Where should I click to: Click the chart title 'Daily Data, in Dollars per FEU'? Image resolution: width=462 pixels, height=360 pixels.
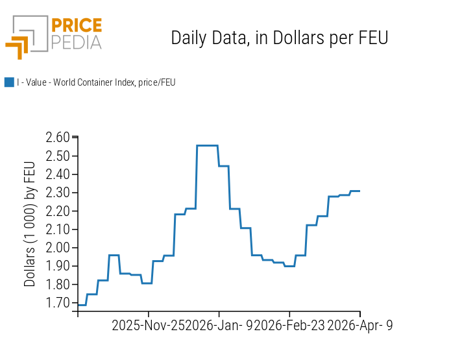(279, 38)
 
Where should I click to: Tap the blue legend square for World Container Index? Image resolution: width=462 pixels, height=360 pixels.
(9, 82)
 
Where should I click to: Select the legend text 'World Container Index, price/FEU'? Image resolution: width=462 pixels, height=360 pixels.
(96, 82)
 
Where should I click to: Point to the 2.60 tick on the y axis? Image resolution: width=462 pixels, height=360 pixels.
(57, 138)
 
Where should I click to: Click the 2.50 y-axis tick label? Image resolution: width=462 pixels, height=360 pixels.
(57, 156)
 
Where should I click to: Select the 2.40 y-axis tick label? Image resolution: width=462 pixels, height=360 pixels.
(57, 174)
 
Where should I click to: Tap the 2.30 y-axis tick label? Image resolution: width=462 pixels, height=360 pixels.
(57, 193)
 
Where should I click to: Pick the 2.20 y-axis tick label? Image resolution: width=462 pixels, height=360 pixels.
(57, 211)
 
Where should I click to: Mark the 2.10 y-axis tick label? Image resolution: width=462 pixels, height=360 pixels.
(57, 230)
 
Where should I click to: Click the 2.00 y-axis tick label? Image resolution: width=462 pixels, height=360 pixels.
(57, 248)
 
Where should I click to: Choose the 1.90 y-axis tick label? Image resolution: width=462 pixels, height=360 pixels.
(57, 266)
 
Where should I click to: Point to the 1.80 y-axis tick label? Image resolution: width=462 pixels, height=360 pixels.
(57, 285)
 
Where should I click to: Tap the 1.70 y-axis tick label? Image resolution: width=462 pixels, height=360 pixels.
(57, 303)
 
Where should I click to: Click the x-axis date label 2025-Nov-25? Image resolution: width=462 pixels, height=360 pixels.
(149, 326)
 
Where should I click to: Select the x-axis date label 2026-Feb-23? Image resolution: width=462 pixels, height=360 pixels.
(289, 326)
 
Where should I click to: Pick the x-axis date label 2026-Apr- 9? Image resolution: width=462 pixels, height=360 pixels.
(360, 326)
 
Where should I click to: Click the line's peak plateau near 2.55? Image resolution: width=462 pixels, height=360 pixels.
(207, 145)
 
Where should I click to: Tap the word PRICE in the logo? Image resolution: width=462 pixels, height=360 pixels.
(76, 26)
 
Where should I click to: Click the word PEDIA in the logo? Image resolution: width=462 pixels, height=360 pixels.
(76, 42)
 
